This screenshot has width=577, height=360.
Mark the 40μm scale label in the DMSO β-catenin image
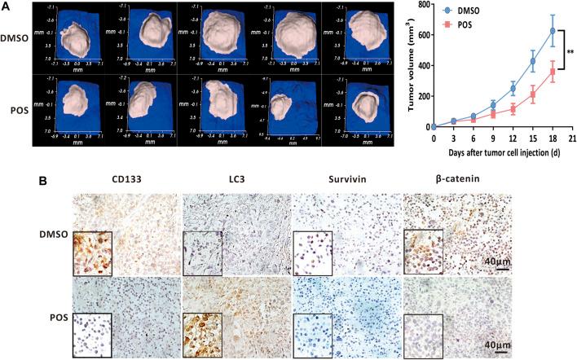pyautogui.click(x=493, y=261)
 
